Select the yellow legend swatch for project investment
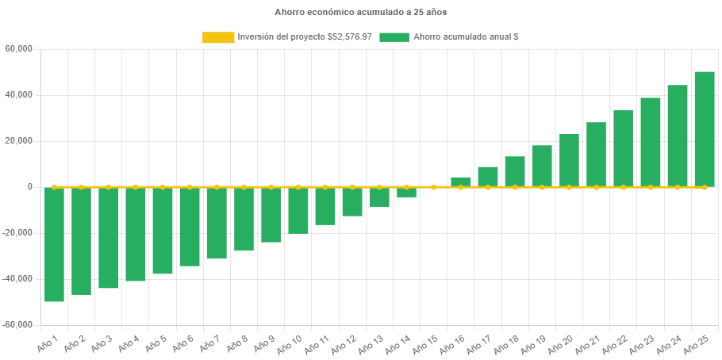pyautogui.click(x=218, y=37)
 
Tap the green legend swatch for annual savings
pyautogui.click(x=394, y=37)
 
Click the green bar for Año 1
pyautogui.click(x=54, y=244)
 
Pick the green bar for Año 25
pyautogui.click(x=704, y=129)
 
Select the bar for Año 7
pyautogui.click(x=217, y=223)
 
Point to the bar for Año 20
pyautogui.click(x=569, y=160)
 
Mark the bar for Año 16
pyautogui.click(x=460, y=182)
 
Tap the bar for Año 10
pyautogui.click(x=298, y=211)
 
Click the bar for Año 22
pyautogui.click(x=623, y=148)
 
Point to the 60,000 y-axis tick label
pyautogui.click(x=18, y=49)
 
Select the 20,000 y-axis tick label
pyautogui.click(x=18, y=141)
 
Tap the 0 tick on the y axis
pyautogui.click(x=29, y=187)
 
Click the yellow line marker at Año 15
pyautogui.click(x=433, y=187)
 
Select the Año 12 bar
pyautogui.click(x=352, y=202)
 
